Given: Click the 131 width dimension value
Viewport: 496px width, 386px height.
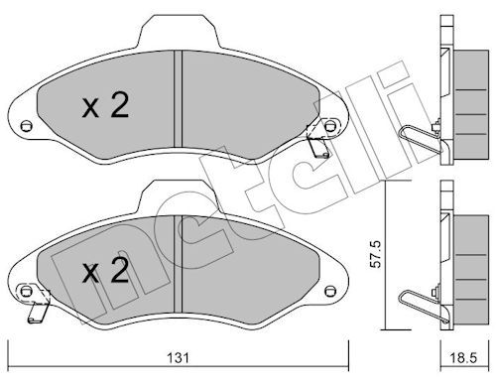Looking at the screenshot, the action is point(178,358).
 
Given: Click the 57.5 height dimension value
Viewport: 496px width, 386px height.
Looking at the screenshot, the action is point(376,255).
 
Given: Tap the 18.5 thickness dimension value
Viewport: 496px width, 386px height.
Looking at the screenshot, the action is point(464,358).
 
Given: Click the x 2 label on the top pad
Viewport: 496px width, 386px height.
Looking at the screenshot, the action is point(105,105).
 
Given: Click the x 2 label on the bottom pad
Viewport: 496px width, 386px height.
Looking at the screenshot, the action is point(105,271).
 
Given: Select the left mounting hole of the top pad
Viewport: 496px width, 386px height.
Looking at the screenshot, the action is point(26,126).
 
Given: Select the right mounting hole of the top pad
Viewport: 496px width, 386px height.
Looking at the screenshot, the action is point(329,126).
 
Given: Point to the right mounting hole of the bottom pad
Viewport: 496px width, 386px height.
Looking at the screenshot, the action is point(329,292).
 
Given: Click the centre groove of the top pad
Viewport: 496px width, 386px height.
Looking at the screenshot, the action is point(178,99).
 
